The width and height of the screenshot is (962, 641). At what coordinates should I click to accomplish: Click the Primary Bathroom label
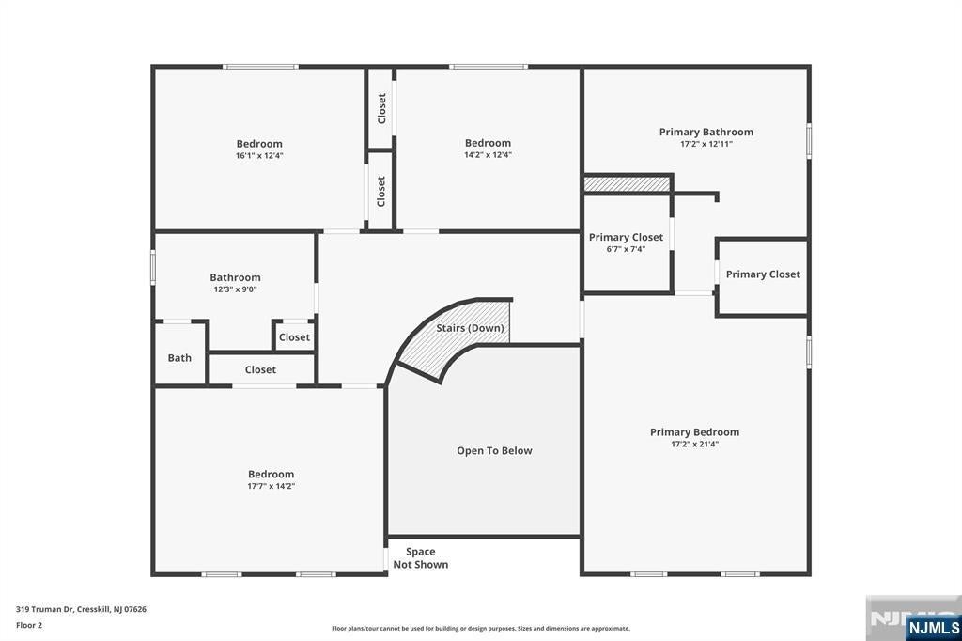pyautogui.click(x=706, y=133)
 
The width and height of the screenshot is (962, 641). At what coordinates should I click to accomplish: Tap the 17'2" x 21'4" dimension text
pyautogui.click(x=694, y=444)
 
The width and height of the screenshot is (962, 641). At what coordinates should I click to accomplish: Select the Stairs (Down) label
pyautogui.click(x=470, y=328)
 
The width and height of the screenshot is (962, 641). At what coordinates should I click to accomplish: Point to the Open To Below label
pyautogui.click(x=494, y=451)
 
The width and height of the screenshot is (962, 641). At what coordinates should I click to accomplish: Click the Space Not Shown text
pyautogui.click(x=420, y=558)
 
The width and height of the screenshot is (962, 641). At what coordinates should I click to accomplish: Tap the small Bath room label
pyautogui.click(x=179, y=358)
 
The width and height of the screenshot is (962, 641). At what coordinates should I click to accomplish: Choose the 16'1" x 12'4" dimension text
pyautogui.click(x=259, y=155)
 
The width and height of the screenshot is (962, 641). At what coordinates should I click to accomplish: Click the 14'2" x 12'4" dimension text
pyautogui.click(x=488, y=155)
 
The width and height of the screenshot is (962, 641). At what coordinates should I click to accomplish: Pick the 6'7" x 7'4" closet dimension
pyautogui.click(x=626, y=249)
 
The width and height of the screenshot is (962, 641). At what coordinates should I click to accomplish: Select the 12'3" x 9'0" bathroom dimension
pyautogui.click(x=235, y=289)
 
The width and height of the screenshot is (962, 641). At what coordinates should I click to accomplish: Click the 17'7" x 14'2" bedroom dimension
pyautogui.click(x=271, y=486)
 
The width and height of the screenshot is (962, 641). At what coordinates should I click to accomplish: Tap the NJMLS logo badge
pyautogui.click(x=932, y=627)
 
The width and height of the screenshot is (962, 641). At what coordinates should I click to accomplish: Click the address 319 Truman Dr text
pyautogui.click(x=81, y=609)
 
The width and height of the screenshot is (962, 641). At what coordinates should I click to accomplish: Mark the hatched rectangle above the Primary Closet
pyautogui.click(x=628, y=183)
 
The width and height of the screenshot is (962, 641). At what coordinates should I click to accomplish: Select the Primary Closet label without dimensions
pyautogui.click(x=763, y=274)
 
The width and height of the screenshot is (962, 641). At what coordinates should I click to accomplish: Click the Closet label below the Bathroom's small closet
pyautogui.click(x=260, y=370)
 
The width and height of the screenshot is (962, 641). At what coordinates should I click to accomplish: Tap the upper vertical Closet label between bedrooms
pyautogui.click(x=381, y=108)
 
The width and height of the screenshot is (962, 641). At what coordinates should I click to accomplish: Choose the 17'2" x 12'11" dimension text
pyautogui.click(x=706, y=144)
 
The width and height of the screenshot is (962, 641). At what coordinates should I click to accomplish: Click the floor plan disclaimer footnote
pyautogui.click(x=480, y=629)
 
